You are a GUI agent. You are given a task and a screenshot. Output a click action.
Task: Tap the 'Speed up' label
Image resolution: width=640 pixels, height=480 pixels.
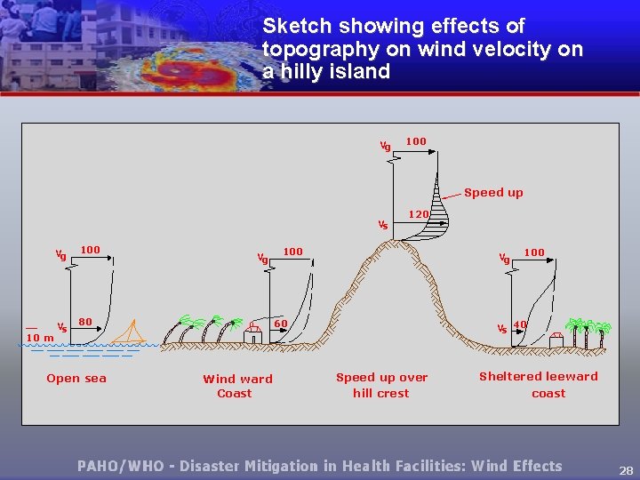pyautogui.click(x=493, y=192)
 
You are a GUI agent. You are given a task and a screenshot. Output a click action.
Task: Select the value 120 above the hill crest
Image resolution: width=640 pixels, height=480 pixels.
pyautogui.click(x=419, y=214)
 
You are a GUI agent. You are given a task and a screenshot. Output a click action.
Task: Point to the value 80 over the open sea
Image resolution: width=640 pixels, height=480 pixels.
pyautogui.click(x=85, y=321)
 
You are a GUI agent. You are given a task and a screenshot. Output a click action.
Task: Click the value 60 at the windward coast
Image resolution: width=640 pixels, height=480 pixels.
pyautogui.click(x=280, y=323)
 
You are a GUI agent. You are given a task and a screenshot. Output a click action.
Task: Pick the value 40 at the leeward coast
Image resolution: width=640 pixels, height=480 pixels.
pyautogui.click(x=520, y=324)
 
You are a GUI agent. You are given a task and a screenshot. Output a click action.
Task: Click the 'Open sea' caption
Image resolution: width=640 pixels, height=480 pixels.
pyautogui.click(x=76, y=378)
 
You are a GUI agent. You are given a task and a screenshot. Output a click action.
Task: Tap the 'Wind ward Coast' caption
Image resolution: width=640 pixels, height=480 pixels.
pyautogui.click(x=237, y=386)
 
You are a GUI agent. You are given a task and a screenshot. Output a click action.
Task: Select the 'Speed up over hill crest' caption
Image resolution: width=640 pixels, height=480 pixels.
pyautogui.click(x=381, y=385)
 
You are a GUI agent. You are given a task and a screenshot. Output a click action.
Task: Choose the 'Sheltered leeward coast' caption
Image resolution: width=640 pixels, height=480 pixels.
pyautogui.click(x=539, y=384)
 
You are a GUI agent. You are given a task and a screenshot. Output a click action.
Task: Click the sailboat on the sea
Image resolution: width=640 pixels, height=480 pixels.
pyautogui.click(x=132, y=332)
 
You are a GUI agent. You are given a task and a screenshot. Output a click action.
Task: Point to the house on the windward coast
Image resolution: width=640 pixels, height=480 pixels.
pyautogui.click(x=252, y=333)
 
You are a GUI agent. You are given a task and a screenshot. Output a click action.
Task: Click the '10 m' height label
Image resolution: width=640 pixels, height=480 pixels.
pyautogui.click(x=40, y=338)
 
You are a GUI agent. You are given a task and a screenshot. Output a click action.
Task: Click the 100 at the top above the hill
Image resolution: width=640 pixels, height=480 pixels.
pyautogui.click(x=415, y=140)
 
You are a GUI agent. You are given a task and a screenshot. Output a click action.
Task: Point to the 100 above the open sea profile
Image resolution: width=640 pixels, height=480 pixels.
pyautogui.click(x=91, y=251)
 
